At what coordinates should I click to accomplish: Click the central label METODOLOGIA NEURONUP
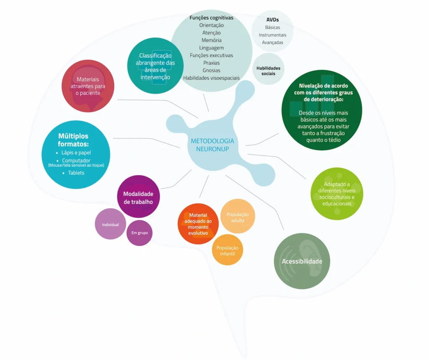(x=212, y=145)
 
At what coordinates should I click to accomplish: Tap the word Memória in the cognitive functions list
(x=211, y=40)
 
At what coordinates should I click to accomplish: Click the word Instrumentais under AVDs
(x=272, y=35)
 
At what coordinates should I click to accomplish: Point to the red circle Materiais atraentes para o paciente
(x=88, y=86)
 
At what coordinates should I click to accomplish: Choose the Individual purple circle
(x=111, y=224)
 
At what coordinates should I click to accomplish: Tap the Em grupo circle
(x=140, y=233)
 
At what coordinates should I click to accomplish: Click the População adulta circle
(x=238, y=217)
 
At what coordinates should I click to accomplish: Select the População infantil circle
(x=227, y=250)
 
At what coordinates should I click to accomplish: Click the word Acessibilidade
(x=302, y=261)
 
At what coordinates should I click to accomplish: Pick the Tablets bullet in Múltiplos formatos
(x=76, y=173)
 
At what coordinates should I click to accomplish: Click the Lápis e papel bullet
(x=76, y=153)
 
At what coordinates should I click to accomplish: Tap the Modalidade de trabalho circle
(x=138, y=197)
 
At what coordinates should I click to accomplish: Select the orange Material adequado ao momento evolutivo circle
(x=198, y=224)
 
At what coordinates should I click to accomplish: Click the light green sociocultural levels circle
(x=336, y=194)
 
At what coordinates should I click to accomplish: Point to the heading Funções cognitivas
(x=211, y=18)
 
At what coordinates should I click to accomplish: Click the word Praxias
(x=211, y=63)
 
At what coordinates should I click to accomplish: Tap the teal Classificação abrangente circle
(x=155, y=66)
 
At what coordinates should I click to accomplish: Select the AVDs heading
(x=272, y=20)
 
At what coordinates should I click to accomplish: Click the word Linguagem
(x=211, y=48)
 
